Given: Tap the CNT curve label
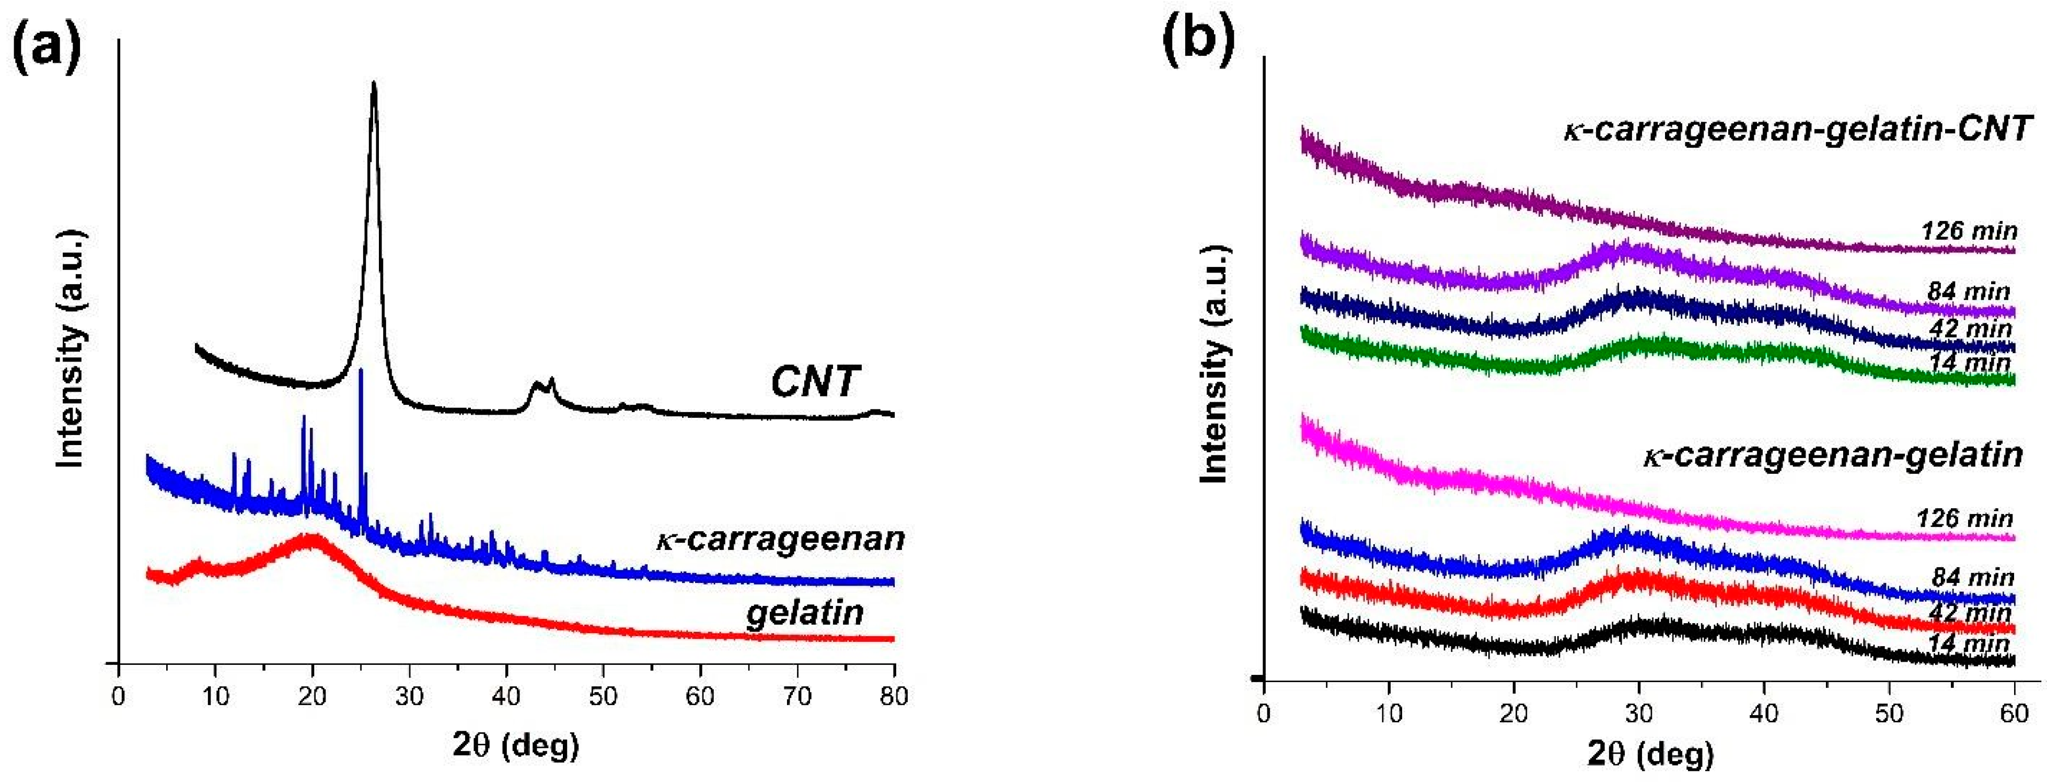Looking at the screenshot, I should (815, 381).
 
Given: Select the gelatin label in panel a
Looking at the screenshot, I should (804, 613).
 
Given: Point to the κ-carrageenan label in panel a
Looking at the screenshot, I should (780, 539).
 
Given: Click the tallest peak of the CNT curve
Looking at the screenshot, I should (374, 84).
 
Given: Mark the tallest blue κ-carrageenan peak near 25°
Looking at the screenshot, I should (361, 372).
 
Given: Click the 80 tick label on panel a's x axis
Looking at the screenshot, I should (894, 697).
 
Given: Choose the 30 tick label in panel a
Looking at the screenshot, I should (409, 697).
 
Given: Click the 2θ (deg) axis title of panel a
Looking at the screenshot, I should (516, 745).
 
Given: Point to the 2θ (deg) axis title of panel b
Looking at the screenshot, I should (1650, 754).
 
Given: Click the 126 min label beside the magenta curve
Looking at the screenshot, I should (1964, 519).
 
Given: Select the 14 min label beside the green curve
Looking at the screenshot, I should (1969, 363).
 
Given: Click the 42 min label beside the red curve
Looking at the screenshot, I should (1969, 613).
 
